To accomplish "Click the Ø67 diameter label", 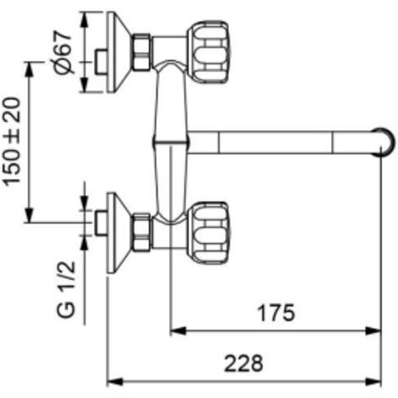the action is [64, 53].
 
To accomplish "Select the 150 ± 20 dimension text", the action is [12, 141].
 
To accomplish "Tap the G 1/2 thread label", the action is [66, 290].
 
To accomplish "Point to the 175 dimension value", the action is [276, 312].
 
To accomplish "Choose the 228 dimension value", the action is [244, 363].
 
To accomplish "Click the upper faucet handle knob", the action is [209, 52].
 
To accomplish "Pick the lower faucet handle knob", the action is [209, 233].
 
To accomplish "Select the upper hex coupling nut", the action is [141, 52].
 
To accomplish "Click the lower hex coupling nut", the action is [141, 233].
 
